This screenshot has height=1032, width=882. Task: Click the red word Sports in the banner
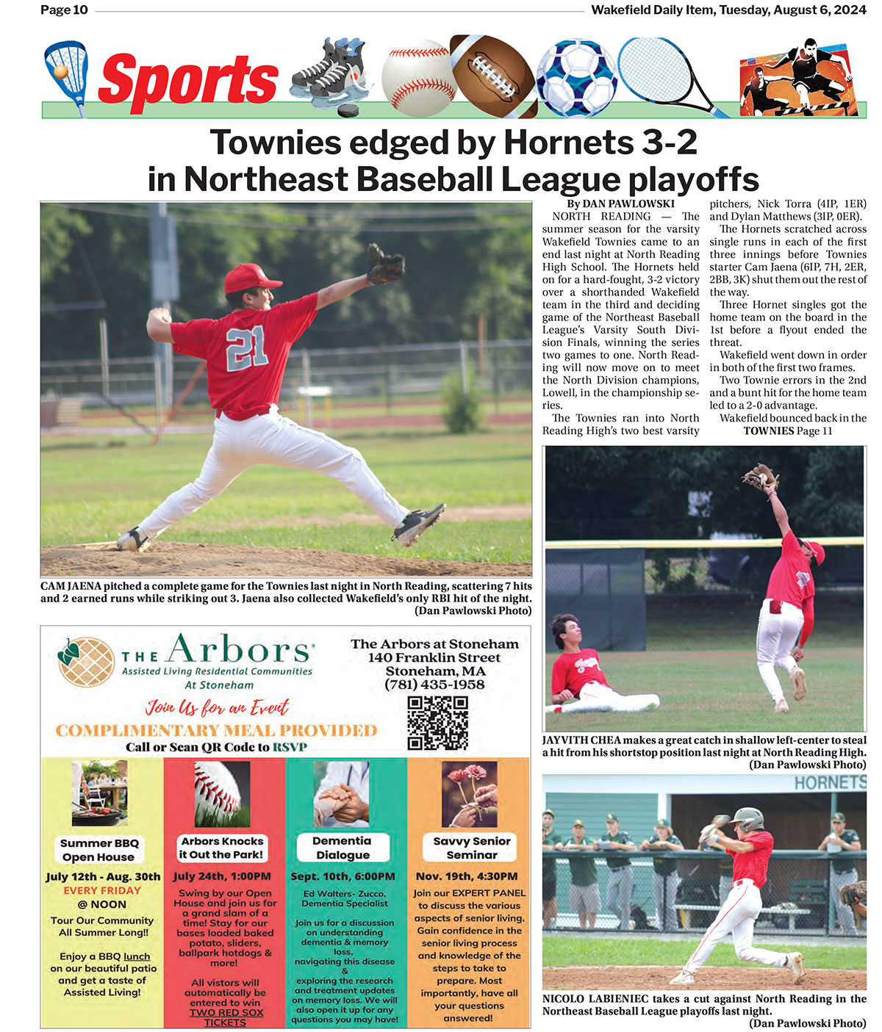point(188,81)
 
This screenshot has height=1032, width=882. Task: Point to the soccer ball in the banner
point(576,78)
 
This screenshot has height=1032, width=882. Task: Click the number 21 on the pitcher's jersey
point(247,347)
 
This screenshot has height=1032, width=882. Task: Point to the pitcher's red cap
point(250,278)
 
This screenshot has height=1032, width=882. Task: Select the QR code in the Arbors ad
point(437,723)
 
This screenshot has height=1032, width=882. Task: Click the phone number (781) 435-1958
point(434,685)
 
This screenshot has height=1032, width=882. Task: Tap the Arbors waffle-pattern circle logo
point(86,661)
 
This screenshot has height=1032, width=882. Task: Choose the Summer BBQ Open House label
point(99,850)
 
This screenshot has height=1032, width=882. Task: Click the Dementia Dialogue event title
point(342,848)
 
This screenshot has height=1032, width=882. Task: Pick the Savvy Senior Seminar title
point(471,848)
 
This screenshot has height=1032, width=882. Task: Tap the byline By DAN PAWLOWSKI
point(620,203)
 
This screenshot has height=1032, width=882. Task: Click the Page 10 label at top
point(64,10)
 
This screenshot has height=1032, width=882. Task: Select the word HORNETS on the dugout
point(829,783)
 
